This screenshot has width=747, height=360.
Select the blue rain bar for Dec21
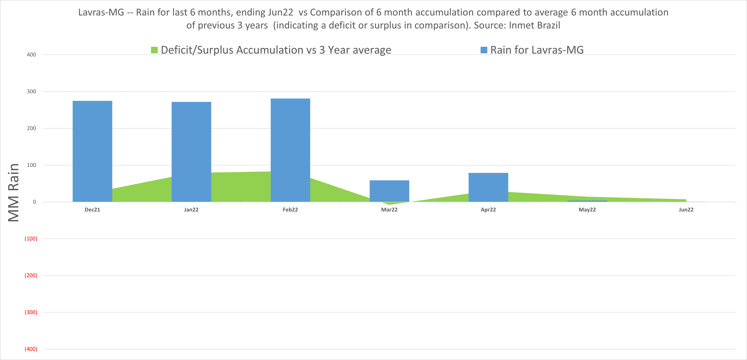point(92,151)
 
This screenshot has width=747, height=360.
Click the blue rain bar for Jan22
point(191,152)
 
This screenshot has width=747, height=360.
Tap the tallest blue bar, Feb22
point(290,150)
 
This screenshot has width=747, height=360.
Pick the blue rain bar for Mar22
point(390,191)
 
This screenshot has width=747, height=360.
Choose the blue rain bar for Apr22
point(488,187)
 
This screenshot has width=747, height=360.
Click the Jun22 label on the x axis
point(686,210)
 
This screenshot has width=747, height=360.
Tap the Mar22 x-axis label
point(389,210)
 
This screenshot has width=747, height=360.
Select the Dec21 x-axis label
point(92,210)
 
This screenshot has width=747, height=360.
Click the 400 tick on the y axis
point(31,54)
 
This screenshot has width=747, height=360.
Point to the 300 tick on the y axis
point(31,91)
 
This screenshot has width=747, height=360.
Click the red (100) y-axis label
point(31,239)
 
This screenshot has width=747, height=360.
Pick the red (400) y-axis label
point(31,349)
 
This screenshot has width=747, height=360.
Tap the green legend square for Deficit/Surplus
point(154,50)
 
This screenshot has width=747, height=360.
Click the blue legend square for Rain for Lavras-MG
point(484,50)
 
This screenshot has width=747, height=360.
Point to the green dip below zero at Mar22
point(390,203)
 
